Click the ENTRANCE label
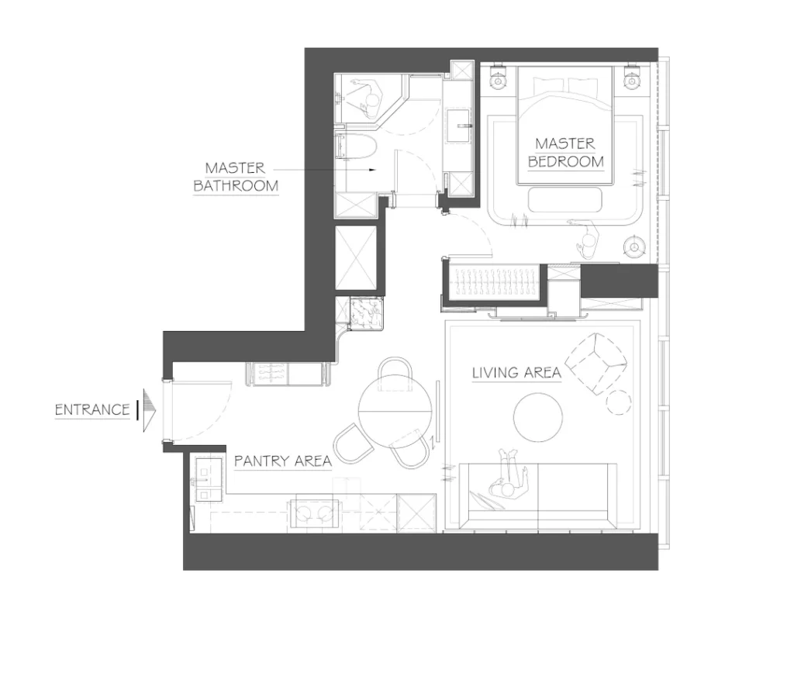[92, 409]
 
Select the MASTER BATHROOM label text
[235, 177]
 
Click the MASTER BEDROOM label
[565, 152]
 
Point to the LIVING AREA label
[516, 373]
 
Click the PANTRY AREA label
[283, 461]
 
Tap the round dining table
[395, 406]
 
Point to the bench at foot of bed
[565, 200]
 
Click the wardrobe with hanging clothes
[493, 280]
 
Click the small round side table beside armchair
[619, 401]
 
